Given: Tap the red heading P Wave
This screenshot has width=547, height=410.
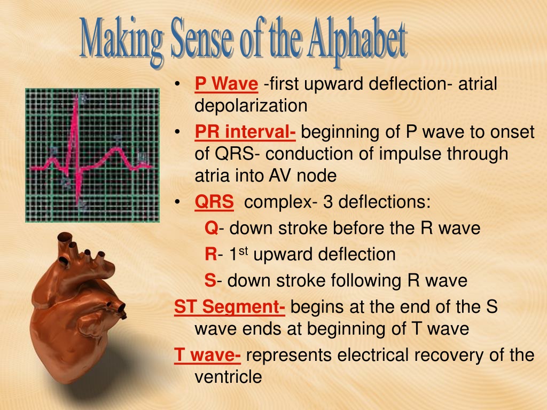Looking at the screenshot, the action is [x=226, y=84].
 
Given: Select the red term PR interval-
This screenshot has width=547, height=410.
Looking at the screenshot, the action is [x=245, y=132].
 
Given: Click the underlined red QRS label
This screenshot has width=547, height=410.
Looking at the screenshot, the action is [x=214, y=202].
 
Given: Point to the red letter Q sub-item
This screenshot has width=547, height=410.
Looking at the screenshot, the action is [x=212, y=228].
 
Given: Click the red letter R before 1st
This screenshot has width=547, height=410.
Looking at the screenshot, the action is [x=211, y=254].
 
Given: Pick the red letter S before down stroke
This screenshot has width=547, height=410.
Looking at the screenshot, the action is [x=210, y=281].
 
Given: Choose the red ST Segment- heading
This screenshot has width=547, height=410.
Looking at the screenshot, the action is [x=230, y=307].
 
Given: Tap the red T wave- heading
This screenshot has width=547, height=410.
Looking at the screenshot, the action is [x=207, y=355].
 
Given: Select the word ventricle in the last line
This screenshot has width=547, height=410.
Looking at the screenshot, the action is [x=228, y=377].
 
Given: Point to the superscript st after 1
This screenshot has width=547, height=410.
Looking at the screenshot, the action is [x=244, y=251].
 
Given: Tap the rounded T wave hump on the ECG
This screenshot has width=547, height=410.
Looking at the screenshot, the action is [x=116, y=151].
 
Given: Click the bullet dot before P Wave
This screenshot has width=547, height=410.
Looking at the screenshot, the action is [x=177, y=84].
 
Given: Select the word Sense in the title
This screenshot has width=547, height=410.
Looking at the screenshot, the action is [x=201, y=39].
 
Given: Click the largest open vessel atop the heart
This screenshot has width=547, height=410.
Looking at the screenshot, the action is [x=65, y=238].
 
